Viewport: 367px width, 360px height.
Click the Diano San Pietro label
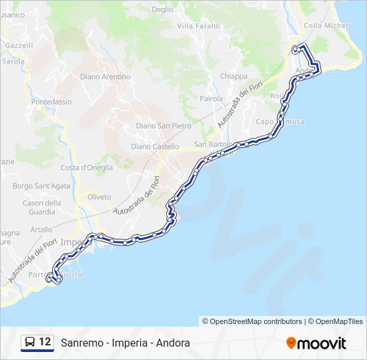click(x=163, y=125)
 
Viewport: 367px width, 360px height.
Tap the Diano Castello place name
click(x=155, y=147)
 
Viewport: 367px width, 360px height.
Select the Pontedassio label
click(x=51, y=102)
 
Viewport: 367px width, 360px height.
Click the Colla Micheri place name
click(x=327, y=25)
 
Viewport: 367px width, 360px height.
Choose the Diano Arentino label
click(x=105, y=77)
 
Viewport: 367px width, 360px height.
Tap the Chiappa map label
click(x=234, y=77)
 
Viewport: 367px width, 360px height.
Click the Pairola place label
click(x=212, y=99)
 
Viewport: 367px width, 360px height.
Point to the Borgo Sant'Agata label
click(x=41, y=185)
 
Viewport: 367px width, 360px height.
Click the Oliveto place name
click(x=99, y=197)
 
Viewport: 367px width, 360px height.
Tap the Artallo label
click(x=41, y=229)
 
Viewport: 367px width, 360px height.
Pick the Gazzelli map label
click(x=19, y=46)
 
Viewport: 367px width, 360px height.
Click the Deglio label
click(x=162, y=10)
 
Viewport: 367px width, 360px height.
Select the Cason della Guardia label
click(x=42, y=207)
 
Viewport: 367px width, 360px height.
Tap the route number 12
click(x=45, y=343)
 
